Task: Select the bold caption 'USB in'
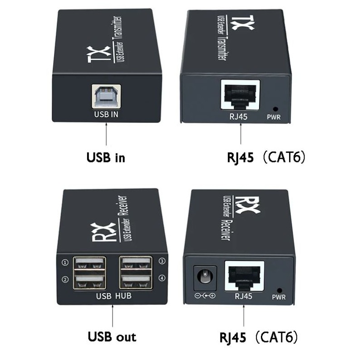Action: point(106,157)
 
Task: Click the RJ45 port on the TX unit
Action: point(240,95)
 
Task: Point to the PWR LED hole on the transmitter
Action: point(275,109)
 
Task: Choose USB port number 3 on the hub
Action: point(136,263)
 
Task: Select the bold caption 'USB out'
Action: point(112,337)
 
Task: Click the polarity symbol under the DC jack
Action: point(205,296)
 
